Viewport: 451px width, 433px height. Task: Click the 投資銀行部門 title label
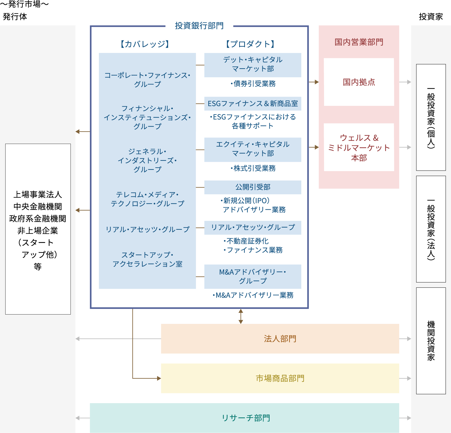click(x=199, y=26)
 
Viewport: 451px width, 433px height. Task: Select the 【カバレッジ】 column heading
click(x=145, y=44)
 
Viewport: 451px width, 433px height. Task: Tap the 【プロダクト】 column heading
click(x=250, y=44)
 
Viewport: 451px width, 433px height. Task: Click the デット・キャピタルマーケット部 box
click(x=253, y=65)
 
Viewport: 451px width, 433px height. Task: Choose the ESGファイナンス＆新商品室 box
click(x=253, y=104)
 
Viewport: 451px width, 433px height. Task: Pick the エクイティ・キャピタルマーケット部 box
click(x=253, y=150)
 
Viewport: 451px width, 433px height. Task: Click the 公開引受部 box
click(x=253, y=187)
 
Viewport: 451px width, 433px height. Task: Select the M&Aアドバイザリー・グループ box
click(x=253, y=276)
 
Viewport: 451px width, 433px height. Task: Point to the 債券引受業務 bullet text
click(x=253, y=84)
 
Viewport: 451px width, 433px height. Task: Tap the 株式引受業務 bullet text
click(x=253, y=168)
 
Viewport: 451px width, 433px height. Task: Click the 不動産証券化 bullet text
click(x=246, y=241)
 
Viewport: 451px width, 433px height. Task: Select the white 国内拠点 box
click(x=359, y=82)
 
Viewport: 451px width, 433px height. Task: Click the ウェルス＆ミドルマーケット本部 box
click(x=359, y=147)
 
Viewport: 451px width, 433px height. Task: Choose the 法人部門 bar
click(x=280, y=339)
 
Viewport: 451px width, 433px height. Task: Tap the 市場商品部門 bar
click(x=280, y=378)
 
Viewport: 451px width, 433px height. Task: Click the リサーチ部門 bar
click(x=245, y=418)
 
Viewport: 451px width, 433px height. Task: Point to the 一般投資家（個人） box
click(x=431, y=117)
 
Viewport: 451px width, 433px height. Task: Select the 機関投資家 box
click(x=431, y=341)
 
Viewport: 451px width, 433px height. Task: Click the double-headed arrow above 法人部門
click(x=241, y=316)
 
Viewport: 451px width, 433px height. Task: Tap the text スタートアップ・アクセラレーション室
click(x=147, y=259)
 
